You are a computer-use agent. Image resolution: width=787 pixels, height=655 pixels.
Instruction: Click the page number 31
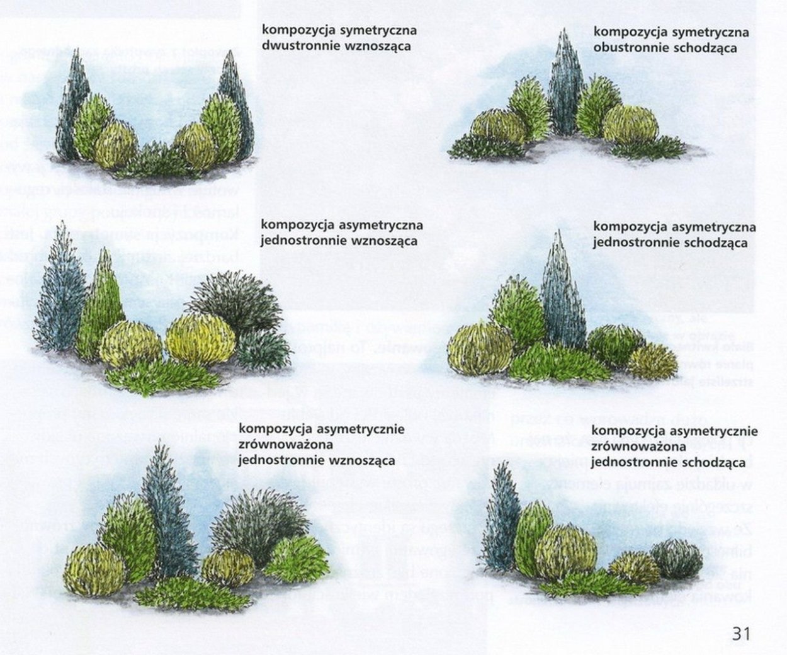[741, 633]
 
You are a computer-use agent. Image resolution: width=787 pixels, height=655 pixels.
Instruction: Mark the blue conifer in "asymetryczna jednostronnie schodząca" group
[562, 293]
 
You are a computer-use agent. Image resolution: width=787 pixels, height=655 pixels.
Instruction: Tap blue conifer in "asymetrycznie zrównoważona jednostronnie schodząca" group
[501, 523]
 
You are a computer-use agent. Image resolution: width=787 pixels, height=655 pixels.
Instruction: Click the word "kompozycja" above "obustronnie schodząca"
[624, 31]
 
